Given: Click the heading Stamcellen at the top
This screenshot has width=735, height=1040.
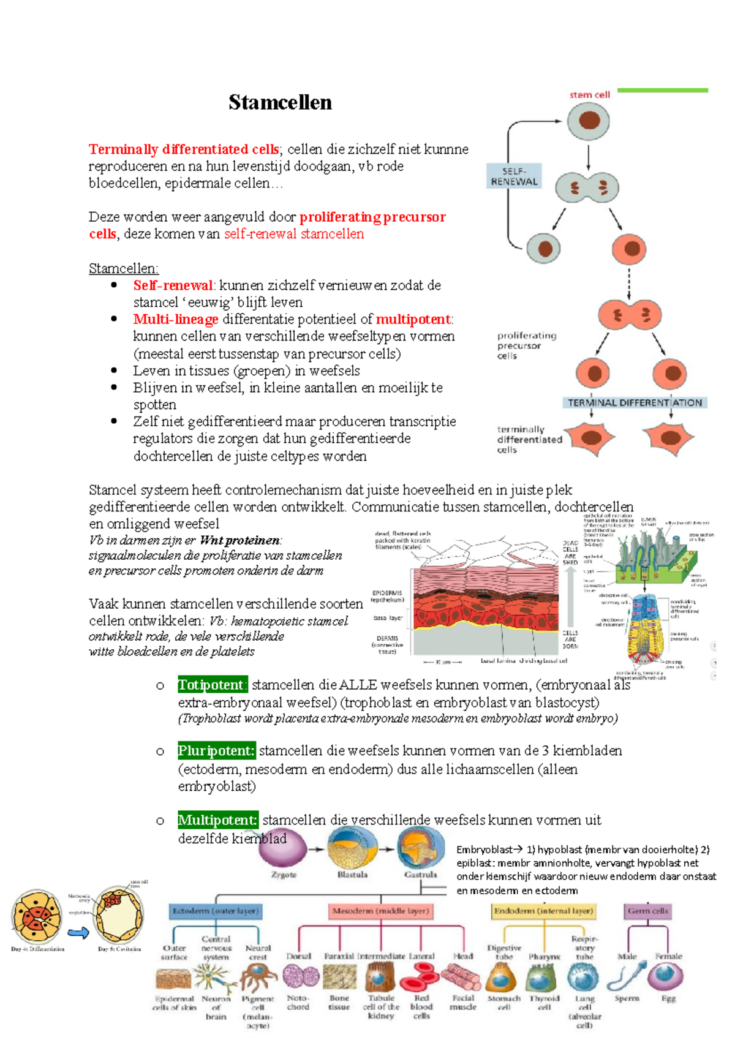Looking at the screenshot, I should click(x=280, y=102).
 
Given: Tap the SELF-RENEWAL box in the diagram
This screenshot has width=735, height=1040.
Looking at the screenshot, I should click(x=514, y=176).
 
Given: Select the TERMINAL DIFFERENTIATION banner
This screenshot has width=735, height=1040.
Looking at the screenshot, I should click(x=635, y=402).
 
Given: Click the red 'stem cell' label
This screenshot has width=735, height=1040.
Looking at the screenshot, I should click(x=589, y=95).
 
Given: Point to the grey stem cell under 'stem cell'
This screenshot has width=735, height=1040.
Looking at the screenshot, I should click(x=588, y=121).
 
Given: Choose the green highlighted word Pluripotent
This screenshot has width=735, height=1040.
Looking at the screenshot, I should click(x=216, y=751).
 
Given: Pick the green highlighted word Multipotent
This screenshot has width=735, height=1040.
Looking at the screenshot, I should click(x=217, y=820).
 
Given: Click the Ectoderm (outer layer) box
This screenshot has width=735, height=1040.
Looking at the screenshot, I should click(x=216, y=911).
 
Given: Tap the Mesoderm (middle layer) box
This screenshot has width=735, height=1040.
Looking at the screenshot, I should click(x=380, y=911).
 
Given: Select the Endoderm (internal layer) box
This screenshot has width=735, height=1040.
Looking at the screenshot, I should click(x=543, y=911).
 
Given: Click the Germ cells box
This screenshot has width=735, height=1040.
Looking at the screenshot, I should click(x=648, y=911).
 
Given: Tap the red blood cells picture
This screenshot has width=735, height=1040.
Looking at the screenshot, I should click(x=420, y=977).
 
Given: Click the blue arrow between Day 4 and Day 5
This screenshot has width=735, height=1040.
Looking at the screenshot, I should click(x=78, y=933).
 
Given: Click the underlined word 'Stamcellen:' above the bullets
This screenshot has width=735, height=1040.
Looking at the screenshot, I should click(x=123, y=268).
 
